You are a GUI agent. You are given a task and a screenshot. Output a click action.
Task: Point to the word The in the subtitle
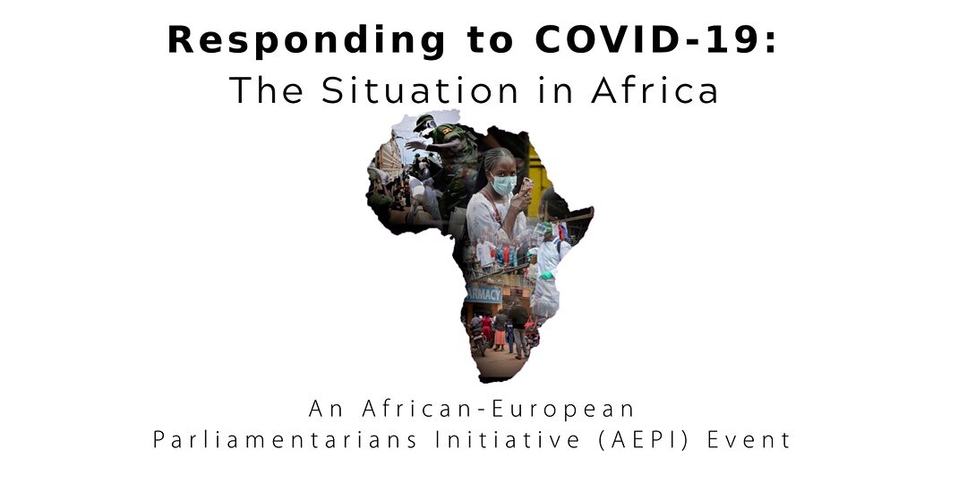click(261, 90)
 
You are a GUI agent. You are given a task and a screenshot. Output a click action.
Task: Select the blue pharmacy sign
click(484, 292)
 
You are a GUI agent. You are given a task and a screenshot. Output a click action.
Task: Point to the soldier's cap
click(424, 123)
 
